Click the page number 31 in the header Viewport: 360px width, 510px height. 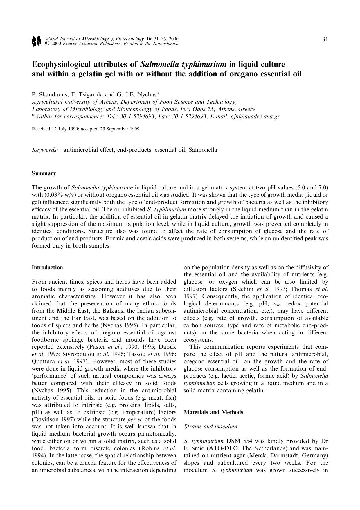click(x=325, y=40)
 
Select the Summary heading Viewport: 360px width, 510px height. click(x=44, y=173)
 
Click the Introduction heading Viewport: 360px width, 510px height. click(x=47, y=267)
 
